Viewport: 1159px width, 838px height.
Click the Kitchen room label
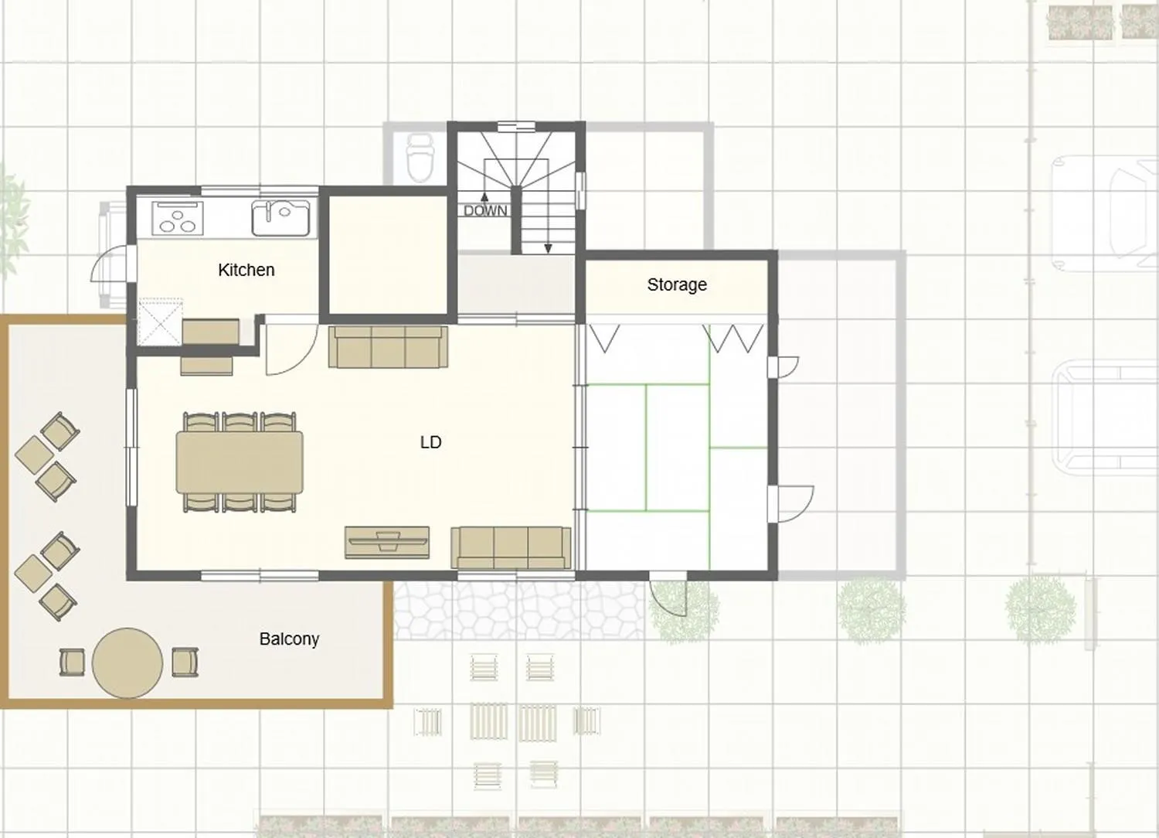pos(246,270)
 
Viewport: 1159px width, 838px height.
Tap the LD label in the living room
pos(430,442)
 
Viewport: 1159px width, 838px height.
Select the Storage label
pos(677,284)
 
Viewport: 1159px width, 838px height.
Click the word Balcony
pos(289,639)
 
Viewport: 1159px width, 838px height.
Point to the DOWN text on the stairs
pos(485,210)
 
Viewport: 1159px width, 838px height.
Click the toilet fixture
pos(420,157)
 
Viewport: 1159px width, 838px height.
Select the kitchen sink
pos(281,217)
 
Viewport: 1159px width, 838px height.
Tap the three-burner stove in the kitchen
pos(178,217)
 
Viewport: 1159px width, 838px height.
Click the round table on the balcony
pos(127,663)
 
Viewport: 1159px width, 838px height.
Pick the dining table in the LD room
pos(240,462)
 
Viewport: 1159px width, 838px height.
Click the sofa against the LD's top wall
pos(388,346)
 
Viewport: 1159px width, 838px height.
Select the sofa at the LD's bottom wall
pos(511,547)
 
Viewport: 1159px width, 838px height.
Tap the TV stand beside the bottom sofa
pos(386,541)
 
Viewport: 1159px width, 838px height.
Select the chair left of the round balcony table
pos(72,663)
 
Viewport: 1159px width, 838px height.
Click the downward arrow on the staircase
pos(548,247)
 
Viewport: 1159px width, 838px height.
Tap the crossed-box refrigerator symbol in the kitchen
pos(161,322)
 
